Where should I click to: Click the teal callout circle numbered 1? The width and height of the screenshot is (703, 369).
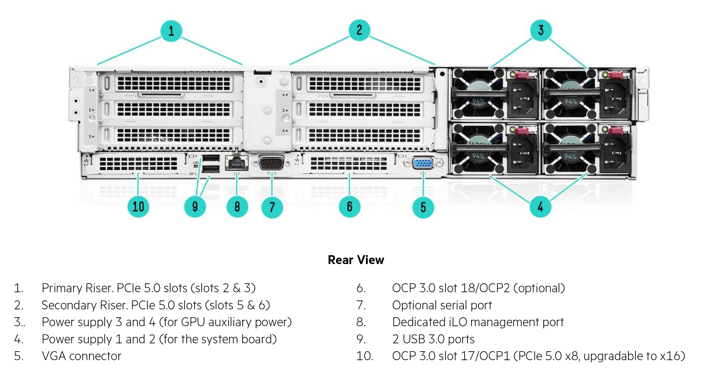171,31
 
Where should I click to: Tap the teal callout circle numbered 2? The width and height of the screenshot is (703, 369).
359,30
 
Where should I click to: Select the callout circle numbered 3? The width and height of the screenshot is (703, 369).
541,30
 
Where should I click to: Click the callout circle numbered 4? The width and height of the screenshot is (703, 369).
540,207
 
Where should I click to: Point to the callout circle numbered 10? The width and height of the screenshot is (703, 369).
138,207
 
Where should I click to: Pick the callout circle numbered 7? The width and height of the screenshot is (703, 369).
272,207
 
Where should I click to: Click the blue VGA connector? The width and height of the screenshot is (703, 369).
423,163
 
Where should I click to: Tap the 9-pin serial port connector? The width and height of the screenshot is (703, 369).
271,163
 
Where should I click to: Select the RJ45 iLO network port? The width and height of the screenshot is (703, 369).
236,162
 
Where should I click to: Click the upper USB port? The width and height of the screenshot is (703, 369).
211,158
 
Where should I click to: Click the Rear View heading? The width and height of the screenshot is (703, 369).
356,260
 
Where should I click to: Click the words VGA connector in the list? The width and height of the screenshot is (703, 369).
81,356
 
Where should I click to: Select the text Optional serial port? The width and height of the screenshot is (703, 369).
442,305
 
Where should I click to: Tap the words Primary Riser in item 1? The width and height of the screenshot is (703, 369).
77,288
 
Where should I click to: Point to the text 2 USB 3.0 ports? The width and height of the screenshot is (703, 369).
433,339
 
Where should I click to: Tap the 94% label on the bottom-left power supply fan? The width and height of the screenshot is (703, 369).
478,156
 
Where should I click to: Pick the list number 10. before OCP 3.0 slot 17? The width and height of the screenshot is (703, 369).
364,356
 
